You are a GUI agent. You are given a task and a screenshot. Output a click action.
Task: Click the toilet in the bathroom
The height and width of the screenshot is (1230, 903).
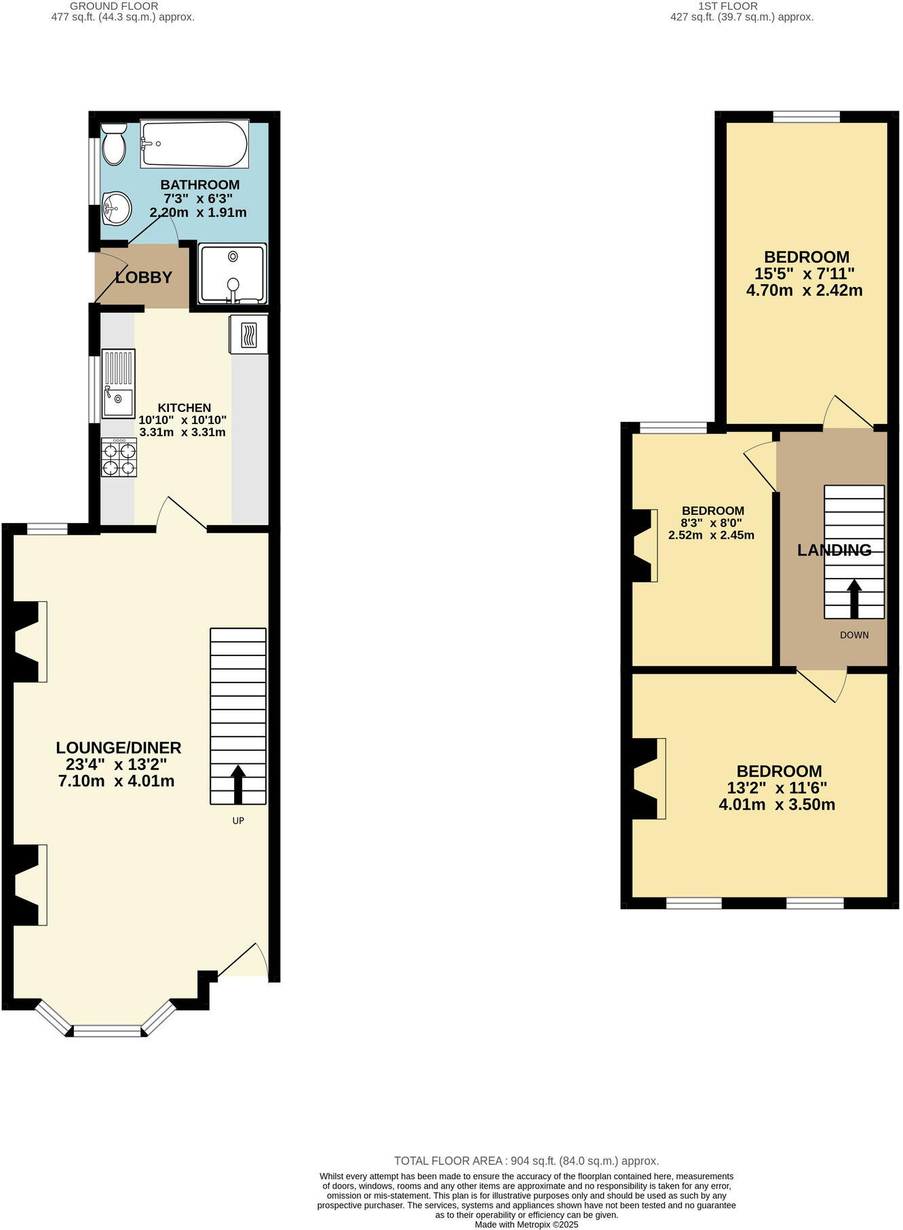(x=113, y=144)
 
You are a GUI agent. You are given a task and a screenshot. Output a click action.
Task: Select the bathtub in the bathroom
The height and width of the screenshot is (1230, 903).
(x=194, y=144)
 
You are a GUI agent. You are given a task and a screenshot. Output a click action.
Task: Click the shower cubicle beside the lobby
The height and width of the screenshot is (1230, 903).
(x=233, y=274)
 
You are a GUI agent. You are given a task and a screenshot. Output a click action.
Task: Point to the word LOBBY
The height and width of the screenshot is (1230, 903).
(x=143, y=277)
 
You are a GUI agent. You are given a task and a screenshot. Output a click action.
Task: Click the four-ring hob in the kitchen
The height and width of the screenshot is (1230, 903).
(x=119, y=457)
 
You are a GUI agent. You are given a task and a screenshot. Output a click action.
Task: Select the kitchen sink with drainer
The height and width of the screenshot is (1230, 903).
(x=118, y=383)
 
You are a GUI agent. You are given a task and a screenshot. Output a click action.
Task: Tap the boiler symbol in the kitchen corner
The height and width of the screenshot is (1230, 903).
(x=248, y=334)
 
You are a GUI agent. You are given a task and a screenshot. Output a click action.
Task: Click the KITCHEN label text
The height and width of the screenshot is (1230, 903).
(x=184, y=408)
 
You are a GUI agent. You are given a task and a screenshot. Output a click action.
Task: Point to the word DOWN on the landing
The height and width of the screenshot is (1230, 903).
(x=853, y=636)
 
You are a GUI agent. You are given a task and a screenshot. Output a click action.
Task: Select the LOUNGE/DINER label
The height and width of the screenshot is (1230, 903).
(x=118, y=748)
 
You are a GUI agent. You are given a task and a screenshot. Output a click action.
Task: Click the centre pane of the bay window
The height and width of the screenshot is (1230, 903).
(x=108, y=1031)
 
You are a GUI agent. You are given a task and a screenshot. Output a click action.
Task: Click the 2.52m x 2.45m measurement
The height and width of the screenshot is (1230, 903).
(x=711, y=535)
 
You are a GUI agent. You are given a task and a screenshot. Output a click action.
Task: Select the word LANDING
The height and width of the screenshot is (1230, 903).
(x=834, y=550)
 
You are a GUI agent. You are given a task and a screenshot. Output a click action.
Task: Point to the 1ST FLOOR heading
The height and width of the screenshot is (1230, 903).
(x=742, y=6)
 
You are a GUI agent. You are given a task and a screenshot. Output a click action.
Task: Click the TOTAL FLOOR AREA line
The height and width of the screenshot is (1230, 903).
(x=526, y=1161)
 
